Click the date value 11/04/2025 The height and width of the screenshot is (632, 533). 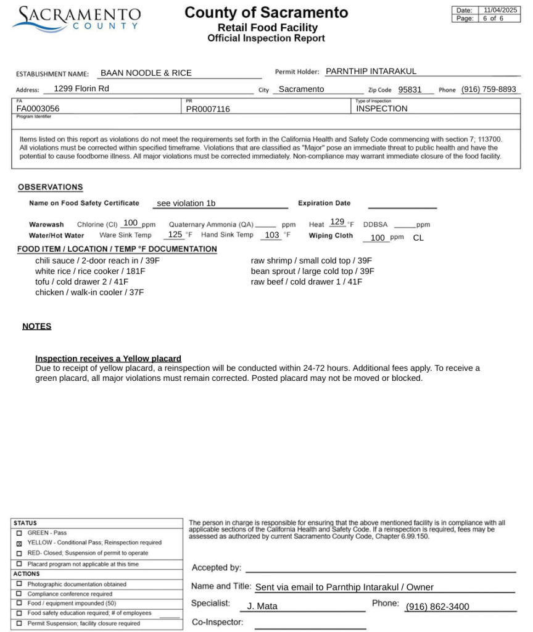(500, 10)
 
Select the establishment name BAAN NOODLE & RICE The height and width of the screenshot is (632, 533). (146, 73)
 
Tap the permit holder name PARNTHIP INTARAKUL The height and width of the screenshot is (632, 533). (371, 72)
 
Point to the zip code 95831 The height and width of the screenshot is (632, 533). (410, 89)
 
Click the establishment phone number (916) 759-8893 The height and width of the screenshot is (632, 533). (489, 89)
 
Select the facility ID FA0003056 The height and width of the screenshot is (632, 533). (38, 109)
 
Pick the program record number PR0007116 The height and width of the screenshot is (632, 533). (208, 109)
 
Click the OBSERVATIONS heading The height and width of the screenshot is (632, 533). (50, 187)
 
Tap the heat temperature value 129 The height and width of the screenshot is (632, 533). (337, 222)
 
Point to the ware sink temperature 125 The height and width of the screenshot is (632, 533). (175, 235)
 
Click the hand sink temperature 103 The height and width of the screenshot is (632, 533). (272, 235)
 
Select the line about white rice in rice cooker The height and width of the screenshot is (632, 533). (90, 271)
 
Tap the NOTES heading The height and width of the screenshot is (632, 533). (37, 326)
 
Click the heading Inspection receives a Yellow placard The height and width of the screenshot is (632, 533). (108, 359)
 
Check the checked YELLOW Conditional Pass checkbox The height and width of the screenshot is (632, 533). (19, 543)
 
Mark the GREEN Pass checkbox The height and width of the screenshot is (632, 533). (19, 533)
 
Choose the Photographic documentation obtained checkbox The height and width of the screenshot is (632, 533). (19, 584)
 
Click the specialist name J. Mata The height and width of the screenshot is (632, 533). (262, 607)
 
